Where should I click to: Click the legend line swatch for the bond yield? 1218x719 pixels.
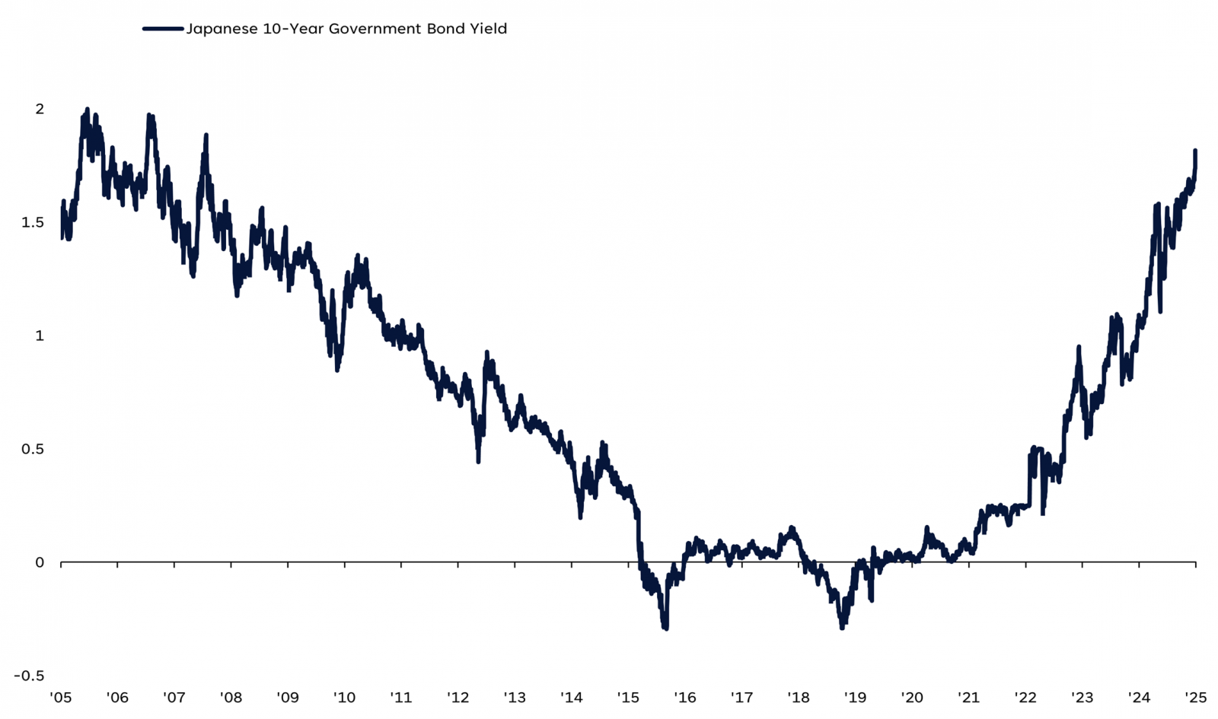tap(163, 29)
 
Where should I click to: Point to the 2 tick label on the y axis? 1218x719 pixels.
tap(40, 109)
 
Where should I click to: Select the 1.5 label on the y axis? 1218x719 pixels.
tap(33, 222)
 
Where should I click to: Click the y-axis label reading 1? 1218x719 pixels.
tap(40, 336)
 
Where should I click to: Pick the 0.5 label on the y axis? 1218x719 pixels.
tap(33, 449)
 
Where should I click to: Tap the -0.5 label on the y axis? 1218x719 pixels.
tap(29, 676)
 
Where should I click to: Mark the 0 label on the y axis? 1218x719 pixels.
tap(40, 562)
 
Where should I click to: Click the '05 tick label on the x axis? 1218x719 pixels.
tap(60, 698)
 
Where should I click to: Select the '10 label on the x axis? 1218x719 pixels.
tap(344, 698)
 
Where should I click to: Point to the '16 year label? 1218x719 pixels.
tap(684, 698)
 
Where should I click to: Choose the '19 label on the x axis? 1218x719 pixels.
tap(855, 698)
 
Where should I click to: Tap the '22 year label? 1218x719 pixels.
tap(1025, 698)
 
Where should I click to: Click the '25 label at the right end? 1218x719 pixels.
tap(1195, 698)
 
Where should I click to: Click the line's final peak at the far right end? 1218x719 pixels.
tap(1195, 151)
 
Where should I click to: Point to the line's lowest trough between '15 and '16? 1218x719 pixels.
tap(666, 628)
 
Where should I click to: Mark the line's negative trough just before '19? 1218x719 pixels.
tap(842, 628)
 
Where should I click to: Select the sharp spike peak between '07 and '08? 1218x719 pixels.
tap(206, 135)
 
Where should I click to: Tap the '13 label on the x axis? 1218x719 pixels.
tap(515, 698)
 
